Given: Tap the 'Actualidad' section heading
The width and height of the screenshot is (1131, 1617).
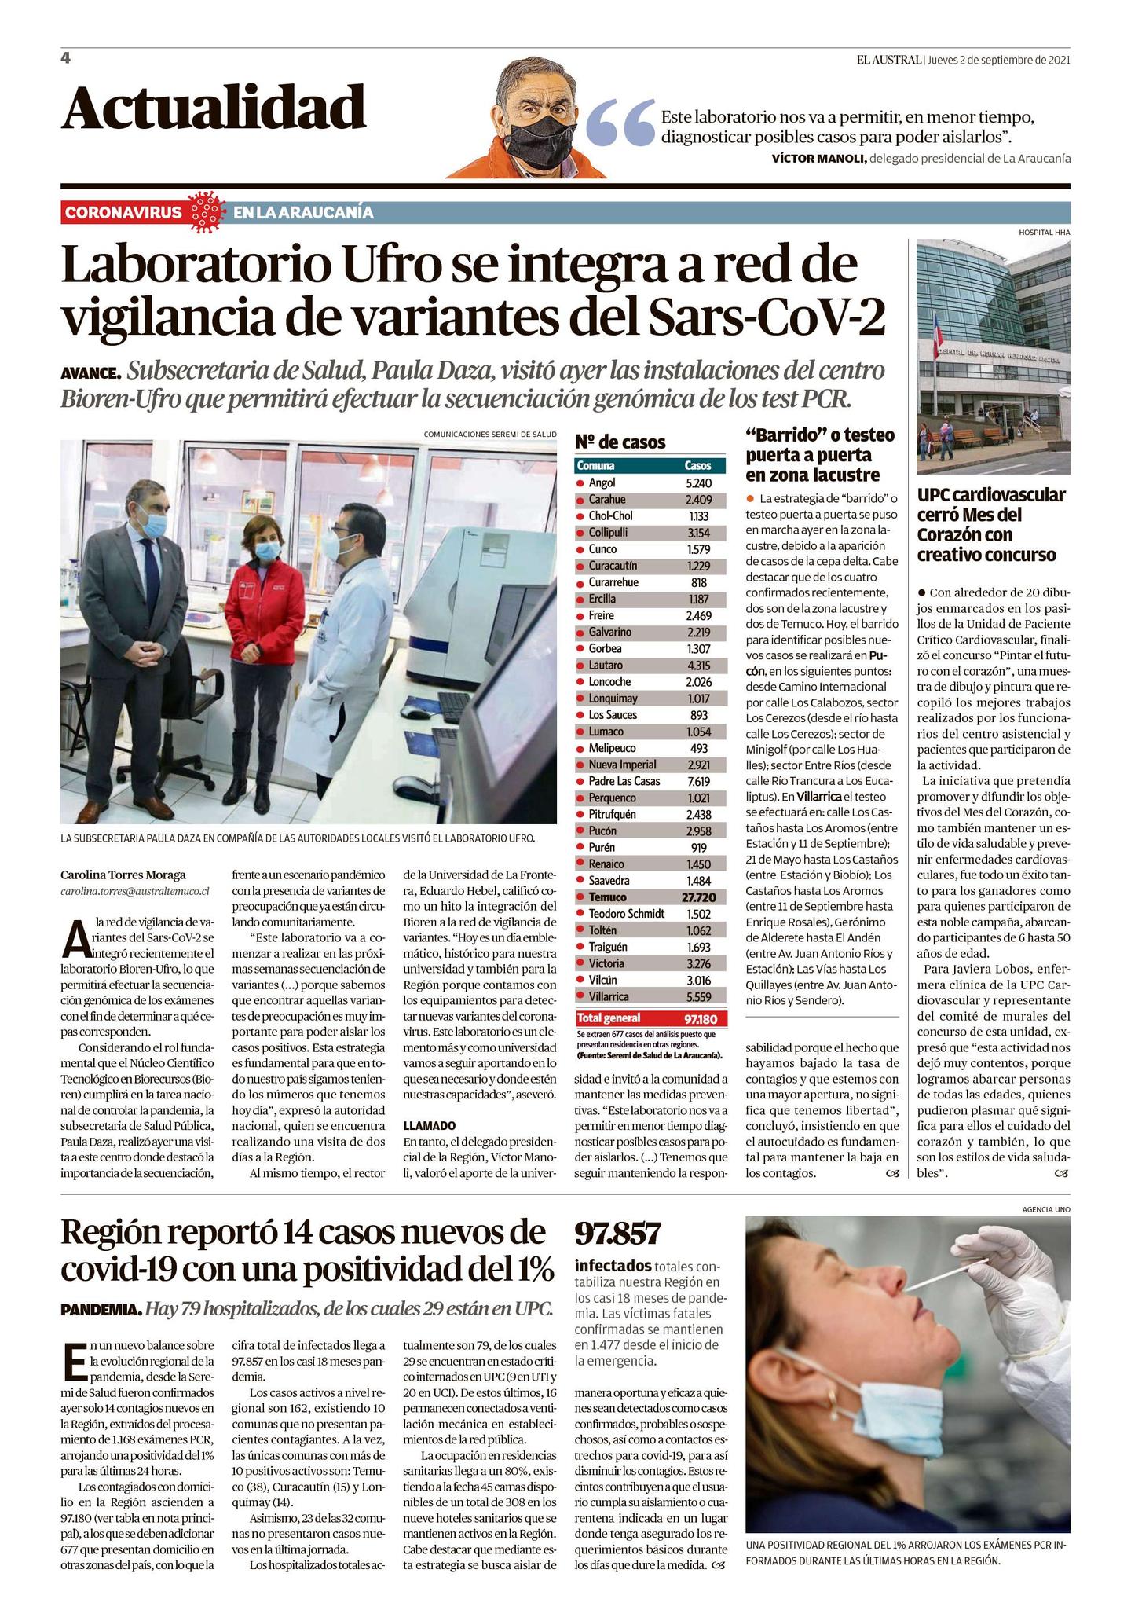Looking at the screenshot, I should [214, 108].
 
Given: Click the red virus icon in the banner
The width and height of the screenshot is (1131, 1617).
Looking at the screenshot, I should [208, 212].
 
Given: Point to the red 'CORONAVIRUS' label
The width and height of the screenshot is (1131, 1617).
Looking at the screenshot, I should [123, 213].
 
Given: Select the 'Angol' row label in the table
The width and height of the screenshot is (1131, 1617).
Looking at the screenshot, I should [602, 483].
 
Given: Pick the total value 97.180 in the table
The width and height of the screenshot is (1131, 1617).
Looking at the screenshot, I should [701, 1018].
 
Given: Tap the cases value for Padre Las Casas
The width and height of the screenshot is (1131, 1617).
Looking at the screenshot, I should [697, 781].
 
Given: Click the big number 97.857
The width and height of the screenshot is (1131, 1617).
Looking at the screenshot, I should [617, 1234].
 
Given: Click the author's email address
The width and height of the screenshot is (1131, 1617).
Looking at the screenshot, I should [135, 891].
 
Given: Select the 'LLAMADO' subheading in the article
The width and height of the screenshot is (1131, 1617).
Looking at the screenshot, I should [429, 1125].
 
